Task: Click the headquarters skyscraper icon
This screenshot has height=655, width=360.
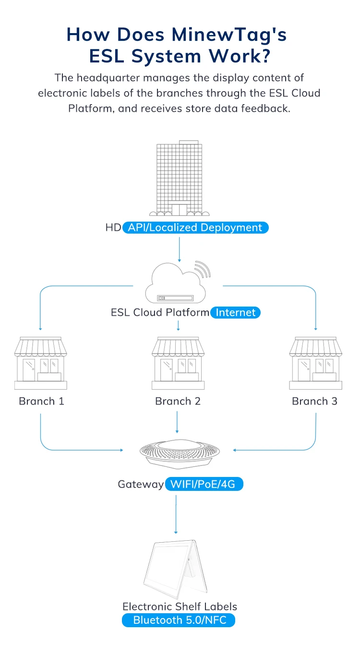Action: click(180, 178)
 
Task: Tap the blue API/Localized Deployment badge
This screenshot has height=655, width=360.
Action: click(195, 227)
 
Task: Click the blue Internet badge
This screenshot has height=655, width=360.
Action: click(236, 313)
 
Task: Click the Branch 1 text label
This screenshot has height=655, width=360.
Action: click(41, 401)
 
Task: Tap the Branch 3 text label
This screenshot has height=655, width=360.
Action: click(314, 401)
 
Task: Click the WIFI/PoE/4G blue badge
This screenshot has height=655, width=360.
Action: click(204, 484)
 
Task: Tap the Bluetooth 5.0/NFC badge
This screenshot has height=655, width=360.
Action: click(179, 620)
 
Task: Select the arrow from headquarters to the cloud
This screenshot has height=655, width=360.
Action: click(179, 247)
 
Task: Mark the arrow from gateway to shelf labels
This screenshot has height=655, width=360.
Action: click(176, 513)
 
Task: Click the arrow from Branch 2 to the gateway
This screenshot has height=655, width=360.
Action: click(178, 422)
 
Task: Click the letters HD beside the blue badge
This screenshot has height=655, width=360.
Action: click(113, 227)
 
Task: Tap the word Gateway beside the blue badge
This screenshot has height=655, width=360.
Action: click(141, 484)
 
